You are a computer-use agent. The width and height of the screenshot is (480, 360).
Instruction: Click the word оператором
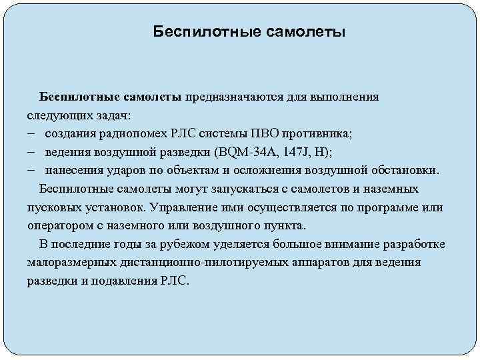pyautogui.click(x=57, y=225)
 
